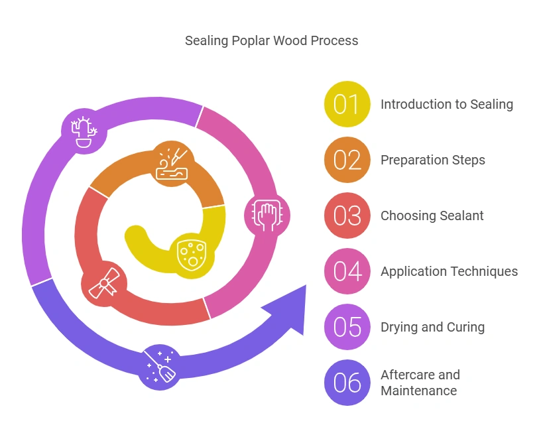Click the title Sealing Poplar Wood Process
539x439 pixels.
coord(271,40)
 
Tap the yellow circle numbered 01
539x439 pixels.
coord(347,104)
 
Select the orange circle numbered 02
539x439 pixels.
coord(347,160)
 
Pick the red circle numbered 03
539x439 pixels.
coord(347,216)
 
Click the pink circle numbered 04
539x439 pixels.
coord(347,271)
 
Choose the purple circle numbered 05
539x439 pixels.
coord(347,327)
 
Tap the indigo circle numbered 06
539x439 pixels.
coord(347,383)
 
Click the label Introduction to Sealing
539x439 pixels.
coord(446,104)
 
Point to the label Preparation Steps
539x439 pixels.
coord(432,160)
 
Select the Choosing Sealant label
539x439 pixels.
coord(432,216)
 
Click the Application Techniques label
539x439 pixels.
coord(449,271)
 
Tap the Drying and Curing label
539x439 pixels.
coord(432,327)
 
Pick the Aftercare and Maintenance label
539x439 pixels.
coord(419,383)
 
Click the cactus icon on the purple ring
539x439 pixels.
coord(84,130)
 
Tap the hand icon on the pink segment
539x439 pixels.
coord(267,214)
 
